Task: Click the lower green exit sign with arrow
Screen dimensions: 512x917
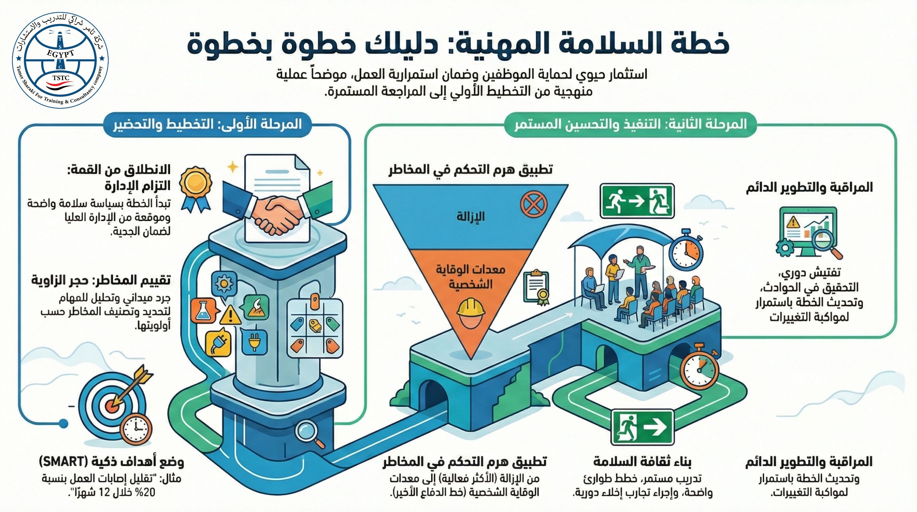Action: pos(642,427)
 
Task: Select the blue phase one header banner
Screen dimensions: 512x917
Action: pos(207,125)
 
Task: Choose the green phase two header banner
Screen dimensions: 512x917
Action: pos(630,125)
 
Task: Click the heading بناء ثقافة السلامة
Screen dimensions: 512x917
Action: pos(642,462)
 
